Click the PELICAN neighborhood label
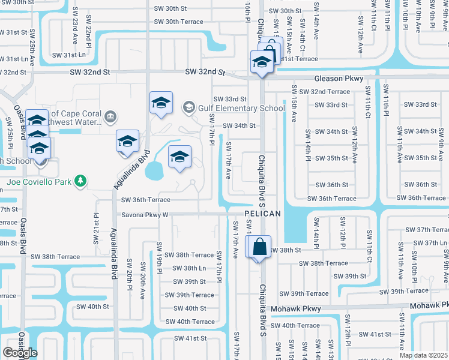coord(263,214)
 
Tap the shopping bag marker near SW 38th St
coord(259,247)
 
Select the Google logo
coord(20,352)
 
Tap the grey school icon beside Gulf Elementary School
coord(189,107)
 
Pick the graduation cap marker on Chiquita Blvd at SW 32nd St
coord(262,62)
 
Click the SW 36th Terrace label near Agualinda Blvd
coord(146,200)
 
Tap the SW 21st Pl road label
coord(95,227)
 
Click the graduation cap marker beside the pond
coord(179,157)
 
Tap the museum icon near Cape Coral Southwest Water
coord(110,116)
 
